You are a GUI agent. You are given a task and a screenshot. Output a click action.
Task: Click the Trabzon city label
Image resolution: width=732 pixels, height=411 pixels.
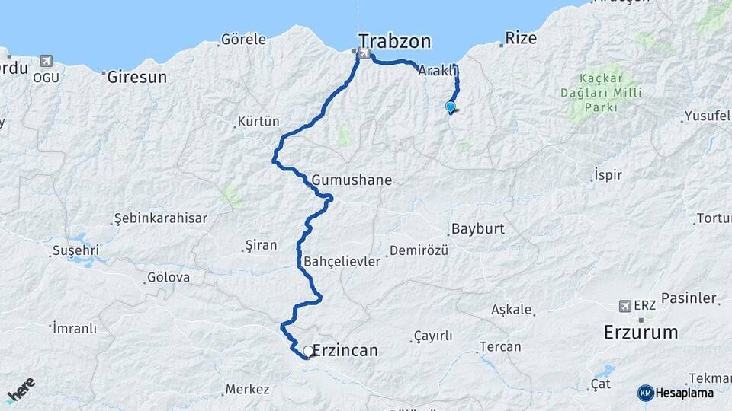395,41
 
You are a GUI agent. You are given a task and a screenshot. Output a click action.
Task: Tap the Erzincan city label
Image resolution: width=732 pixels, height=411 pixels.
345,351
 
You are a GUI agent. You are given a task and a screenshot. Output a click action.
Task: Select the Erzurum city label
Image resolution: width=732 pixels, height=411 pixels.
640,332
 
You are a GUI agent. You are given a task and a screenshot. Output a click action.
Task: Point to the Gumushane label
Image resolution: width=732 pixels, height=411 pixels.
352,180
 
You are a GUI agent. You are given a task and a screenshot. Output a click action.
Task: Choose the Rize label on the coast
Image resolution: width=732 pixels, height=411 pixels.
522,38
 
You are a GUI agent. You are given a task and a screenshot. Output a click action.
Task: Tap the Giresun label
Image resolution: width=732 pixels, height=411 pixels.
136,77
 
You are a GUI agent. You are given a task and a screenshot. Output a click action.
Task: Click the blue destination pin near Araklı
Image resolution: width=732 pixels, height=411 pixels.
451,107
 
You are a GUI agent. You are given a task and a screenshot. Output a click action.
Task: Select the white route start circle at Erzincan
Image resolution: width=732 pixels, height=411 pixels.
308,352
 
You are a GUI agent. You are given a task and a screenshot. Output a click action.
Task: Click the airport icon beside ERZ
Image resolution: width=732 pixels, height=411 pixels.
625,305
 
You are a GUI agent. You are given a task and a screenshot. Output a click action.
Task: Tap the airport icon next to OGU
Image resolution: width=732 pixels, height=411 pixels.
46,61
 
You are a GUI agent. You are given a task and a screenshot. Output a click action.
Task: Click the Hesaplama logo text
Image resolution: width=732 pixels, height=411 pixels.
684,393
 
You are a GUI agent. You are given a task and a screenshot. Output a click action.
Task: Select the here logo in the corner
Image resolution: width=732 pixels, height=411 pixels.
21,389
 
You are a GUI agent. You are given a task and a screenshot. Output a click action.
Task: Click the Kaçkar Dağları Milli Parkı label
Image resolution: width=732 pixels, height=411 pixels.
601,93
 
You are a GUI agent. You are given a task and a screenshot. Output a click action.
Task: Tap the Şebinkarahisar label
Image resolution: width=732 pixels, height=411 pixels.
160,218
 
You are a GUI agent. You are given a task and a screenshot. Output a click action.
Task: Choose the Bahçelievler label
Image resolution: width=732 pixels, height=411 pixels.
342,261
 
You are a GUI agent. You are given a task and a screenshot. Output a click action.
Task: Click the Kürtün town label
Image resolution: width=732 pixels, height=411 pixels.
258,121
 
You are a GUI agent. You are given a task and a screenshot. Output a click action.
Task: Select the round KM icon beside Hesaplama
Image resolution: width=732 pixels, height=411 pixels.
645,393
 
